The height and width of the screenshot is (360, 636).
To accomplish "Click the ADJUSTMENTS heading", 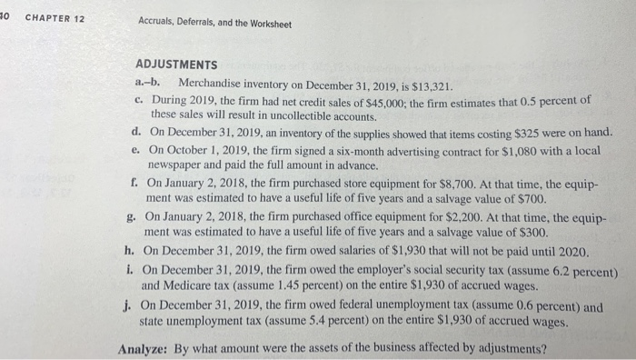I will [x=175, y=65].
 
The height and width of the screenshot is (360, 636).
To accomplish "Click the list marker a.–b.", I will [x=148, y=83].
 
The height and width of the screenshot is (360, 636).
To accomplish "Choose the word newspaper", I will [x=178, y=166].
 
